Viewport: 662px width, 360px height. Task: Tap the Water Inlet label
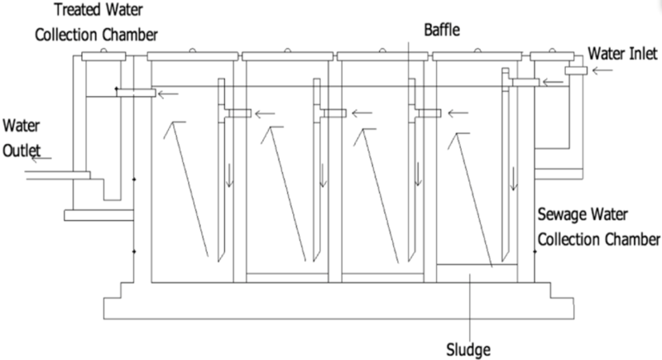(x=621, y=55)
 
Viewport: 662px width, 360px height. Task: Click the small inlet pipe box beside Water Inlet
(x=577, y=72)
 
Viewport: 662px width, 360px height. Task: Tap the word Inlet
(x=641, y=55)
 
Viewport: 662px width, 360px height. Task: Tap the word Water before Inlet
(x=604, y=55)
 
